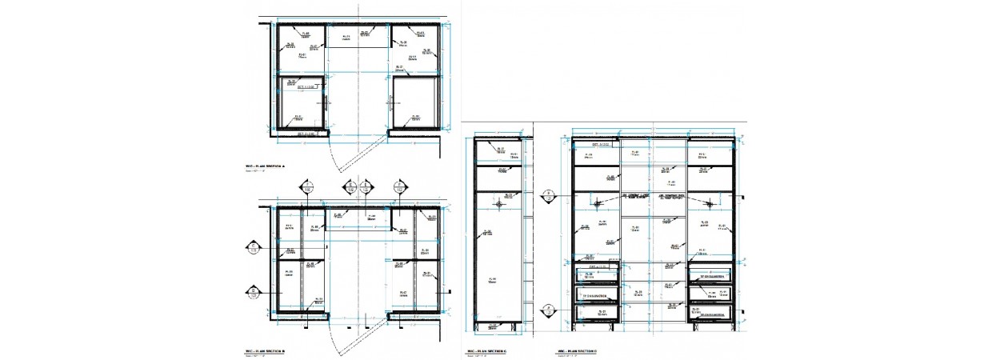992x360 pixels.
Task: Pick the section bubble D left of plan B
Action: click(x=253, y=292)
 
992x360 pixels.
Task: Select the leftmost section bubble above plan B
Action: click(x=306, y=187)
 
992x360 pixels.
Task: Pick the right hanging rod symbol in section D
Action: click(x=710, y=203)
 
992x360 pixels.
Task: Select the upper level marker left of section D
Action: click(x=549, y=194)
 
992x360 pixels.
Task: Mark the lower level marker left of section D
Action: click(x=549, y=308)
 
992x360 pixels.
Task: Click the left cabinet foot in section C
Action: click(x=481, y=326)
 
